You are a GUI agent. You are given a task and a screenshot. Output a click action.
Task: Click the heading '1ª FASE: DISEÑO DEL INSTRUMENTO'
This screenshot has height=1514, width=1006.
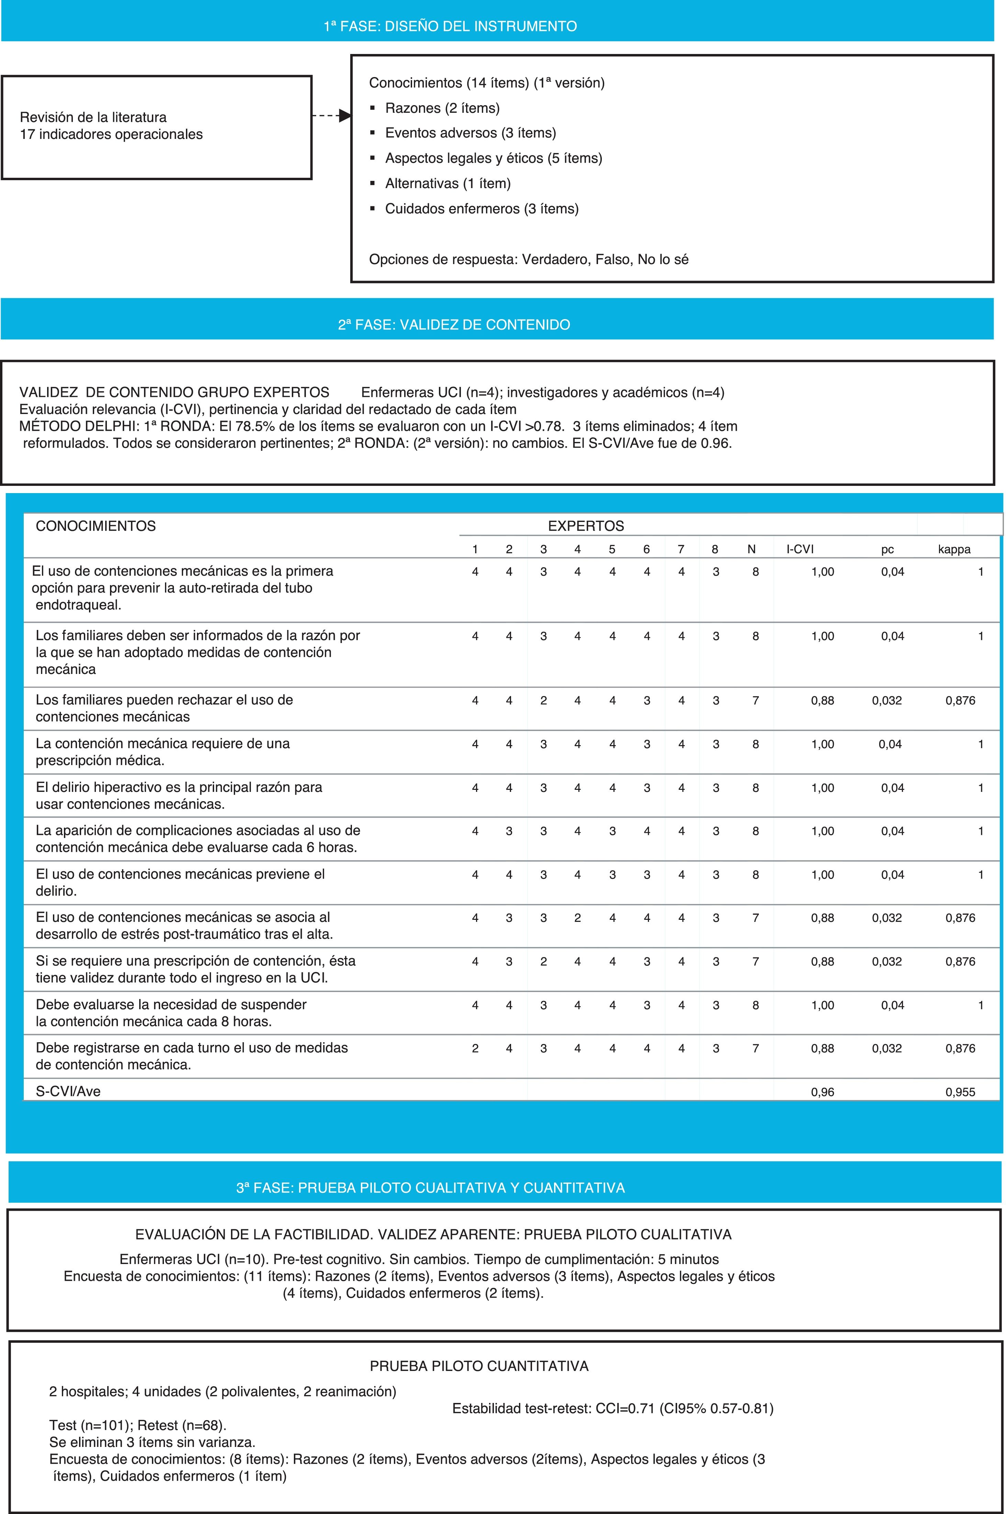tap(450, 26)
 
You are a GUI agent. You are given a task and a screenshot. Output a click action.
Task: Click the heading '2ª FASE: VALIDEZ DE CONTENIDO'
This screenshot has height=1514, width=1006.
tap(454, 325)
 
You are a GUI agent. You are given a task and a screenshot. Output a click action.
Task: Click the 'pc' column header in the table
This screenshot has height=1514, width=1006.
tap(887, 549)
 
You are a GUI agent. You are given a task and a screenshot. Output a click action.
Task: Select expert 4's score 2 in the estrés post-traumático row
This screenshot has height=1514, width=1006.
tap(577, 918)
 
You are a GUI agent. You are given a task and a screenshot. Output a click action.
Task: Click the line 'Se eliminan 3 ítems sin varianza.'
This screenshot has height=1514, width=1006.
tap(152, 1442)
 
